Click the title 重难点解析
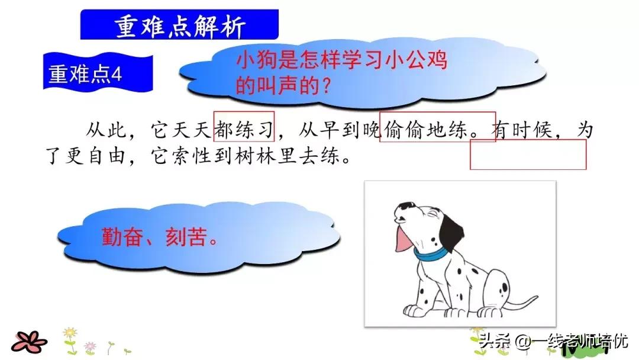[x=179, y=25]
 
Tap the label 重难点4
[x=86, y=75]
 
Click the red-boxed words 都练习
[x=243, y=128]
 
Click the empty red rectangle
[x=528, y=155]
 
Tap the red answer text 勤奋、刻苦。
[x=159, y=238]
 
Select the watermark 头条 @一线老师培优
[x=553, y=341]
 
